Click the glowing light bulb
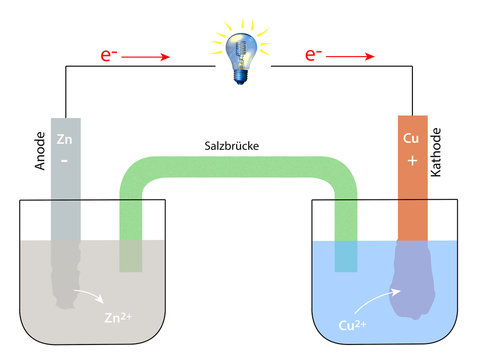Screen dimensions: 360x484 (240, 56)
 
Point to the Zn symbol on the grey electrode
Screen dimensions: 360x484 (66, 140)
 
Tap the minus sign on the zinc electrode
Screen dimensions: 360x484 (66, 159)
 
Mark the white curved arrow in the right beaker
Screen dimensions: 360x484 (375, 296)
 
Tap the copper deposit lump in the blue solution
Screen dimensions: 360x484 (411, 285)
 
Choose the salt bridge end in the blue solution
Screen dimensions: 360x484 (345, 257)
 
